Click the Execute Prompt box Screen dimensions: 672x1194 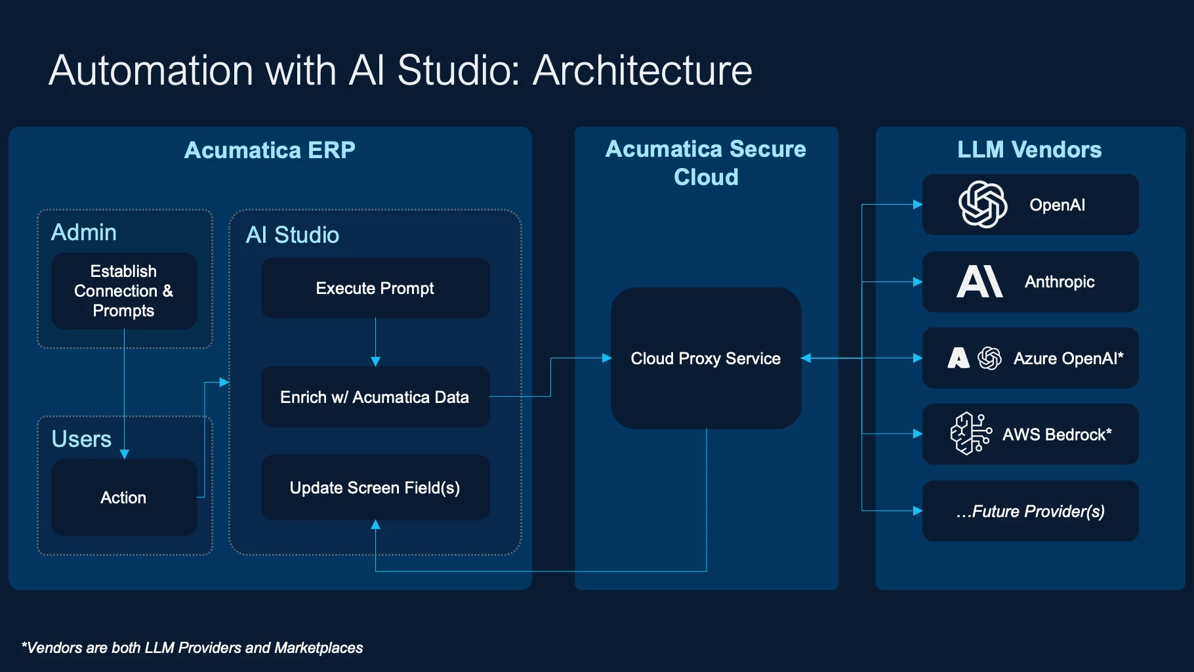[x=375, y=288]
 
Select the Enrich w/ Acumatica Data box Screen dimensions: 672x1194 [x=375, y=397]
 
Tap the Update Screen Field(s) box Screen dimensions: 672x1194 [x=375, y=488]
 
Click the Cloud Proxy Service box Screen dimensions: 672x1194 [x=706, y=358]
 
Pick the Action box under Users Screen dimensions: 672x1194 [x=124, y=497]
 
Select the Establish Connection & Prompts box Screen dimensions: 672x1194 [x=124, y=291]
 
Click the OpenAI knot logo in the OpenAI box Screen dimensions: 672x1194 [x=983, y=204]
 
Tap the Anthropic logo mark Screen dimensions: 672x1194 [x=979, y=282]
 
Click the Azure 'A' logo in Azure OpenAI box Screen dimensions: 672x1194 [x=958, y=358]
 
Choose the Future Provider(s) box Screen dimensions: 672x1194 [x=1030, y=511]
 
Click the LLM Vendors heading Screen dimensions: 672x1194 [x=1029, y=150]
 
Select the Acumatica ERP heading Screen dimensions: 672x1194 [x=270, y=150]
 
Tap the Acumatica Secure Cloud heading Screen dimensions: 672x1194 [x=706, y=163]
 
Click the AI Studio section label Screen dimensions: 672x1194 [x=293, y=235]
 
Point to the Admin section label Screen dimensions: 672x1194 [x=84, y=232]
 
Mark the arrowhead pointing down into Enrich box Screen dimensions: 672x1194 [x=375, y=362]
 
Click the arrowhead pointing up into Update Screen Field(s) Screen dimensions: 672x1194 [x=375, y=524]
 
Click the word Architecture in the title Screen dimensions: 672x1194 [x=642, y=70]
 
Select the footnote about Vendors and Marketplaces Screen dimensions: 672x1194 [x=192, y=648]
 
